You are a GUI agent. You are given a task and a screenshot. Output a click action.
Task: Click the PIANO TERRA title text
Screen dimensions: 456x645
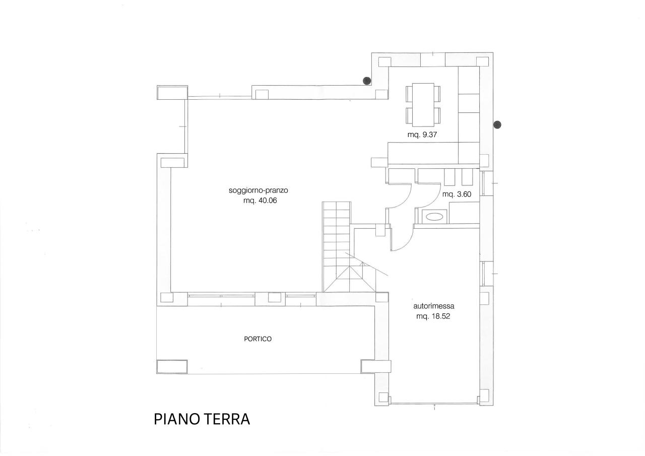coord(202,419)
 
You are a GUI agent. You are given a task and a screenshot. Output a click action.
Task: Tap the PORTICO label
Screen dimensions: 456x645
coord(257,339)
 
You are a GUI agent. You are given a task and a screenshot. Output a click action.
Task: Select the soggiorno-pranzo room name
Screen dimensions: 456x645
coord(258,190)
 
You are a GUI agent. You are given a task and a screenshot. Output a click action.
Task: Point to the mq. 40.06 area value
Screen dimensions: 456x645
coord(260,200)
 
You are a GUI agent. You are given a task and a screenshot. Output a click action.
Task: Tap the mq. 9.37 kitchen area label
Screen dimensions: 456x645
coord(423,135)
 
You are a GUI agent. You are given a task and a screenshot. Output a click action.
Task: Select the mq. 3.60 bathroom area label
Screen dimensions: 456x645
coord(457,194)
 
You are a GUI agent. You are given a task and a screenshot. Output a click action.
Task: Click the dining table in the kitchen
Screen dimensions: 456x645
coord(423,105)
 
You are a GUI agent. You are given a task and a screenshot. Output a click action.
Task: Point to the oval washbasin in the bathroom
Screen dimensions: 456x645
coord(434,217)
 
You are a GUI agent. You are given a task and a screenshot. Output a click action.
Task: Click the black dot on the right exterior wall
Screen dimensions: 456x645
coord(497,124)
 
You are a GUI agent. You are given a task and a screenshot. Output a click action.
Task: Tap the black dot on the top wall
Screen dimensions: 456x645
coord(367,80)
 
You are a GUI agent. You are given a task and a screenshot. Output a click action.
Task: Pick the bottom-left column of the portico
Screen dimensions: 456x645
coord(172,366)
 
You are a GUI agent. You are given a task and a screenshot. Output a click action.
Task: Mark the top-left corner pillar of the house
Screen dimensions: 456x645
coord(172,93)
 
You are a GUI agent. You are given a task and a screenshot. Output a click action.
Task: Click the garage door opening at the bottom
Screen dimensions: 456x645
coord(434,403)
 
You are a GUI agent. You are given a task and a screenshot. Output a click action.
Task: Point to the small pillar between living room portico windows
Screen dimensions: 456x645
coord(274,298)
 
